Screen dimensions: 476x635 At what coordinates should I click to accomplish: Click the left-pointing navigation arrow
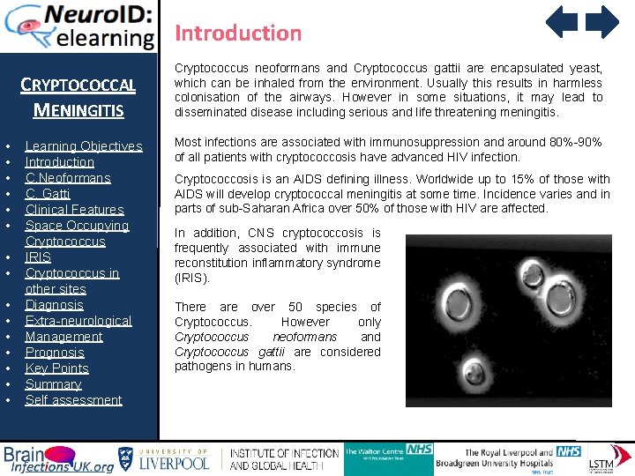click(562, 22)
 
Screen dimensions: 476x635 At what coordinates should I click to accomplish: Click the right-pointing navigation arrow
click(602, 22)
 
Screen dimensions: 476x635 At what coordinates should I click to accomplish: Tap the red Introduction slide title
click(238, 33)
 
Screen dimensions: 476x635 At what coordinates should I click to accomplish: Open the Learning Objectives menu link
click(83, 146)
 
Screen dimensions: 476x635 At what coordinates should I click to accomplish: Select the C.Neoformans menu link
click(67, 178)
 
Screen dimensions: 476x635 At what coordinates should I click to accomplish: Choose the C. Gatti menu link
click(48, 194)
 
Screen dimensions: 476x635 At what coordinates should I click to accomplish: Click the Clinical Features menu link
click(74, 210)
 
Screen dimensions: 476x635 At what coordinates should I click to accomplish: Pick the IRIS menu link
click(38, 257)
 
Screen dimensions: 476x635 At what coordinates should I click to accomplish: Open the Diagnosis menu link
click(54, 305)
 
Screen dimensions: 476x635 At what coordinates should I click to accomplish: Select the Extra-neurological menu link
click(78, 321)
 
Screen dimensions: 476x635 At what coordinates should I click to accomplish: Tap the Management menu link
click(63, 337)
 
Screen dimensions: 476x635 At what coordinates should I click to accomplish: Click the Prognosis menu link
click(55, 353)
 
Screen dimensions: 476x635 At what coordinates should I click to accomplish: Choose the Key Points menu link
click(56, 368)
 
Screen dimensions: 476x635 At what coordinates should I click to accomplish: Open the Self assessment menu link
click(73, 400)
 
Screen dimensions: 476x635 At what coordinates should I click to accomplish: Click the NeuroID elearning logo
click(79, 26)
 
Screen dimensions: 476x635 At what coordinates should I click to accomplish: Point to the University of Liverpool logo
click(163, 458)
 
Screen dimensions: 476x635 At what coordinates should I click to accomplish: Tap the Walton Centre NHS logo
click(388, 457)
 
